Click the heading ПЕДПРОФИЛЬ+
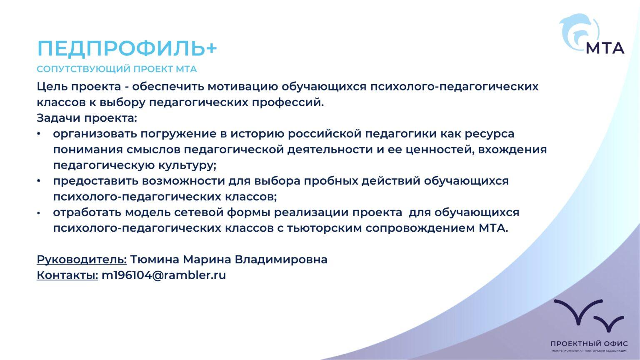tap(127, 49)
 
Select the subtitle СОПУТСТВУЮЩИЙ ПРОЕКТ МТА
tap(117, 69)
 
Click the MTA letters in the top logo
tap(605, 48)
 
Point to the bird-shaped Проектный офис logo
tap(589, 315)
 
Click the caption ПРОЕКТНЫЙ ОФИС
tap(589, 344)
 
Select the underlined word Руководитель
tap(82, 260)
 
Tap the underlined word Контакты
tap(67, 275)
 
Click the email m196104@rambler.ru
tap(164, 275)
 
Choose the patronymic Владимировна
tap(281, 260)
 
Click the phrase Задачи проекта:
tap(87, 118)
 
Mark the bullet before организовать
tap(39, 134)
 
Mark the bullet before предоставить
tap(39, 181)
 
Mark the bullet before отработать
tap(39, 213)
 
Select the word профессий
tap(288, 102)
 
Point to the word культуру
tap(187, 165)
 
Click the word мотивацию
tap(242, 87)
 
